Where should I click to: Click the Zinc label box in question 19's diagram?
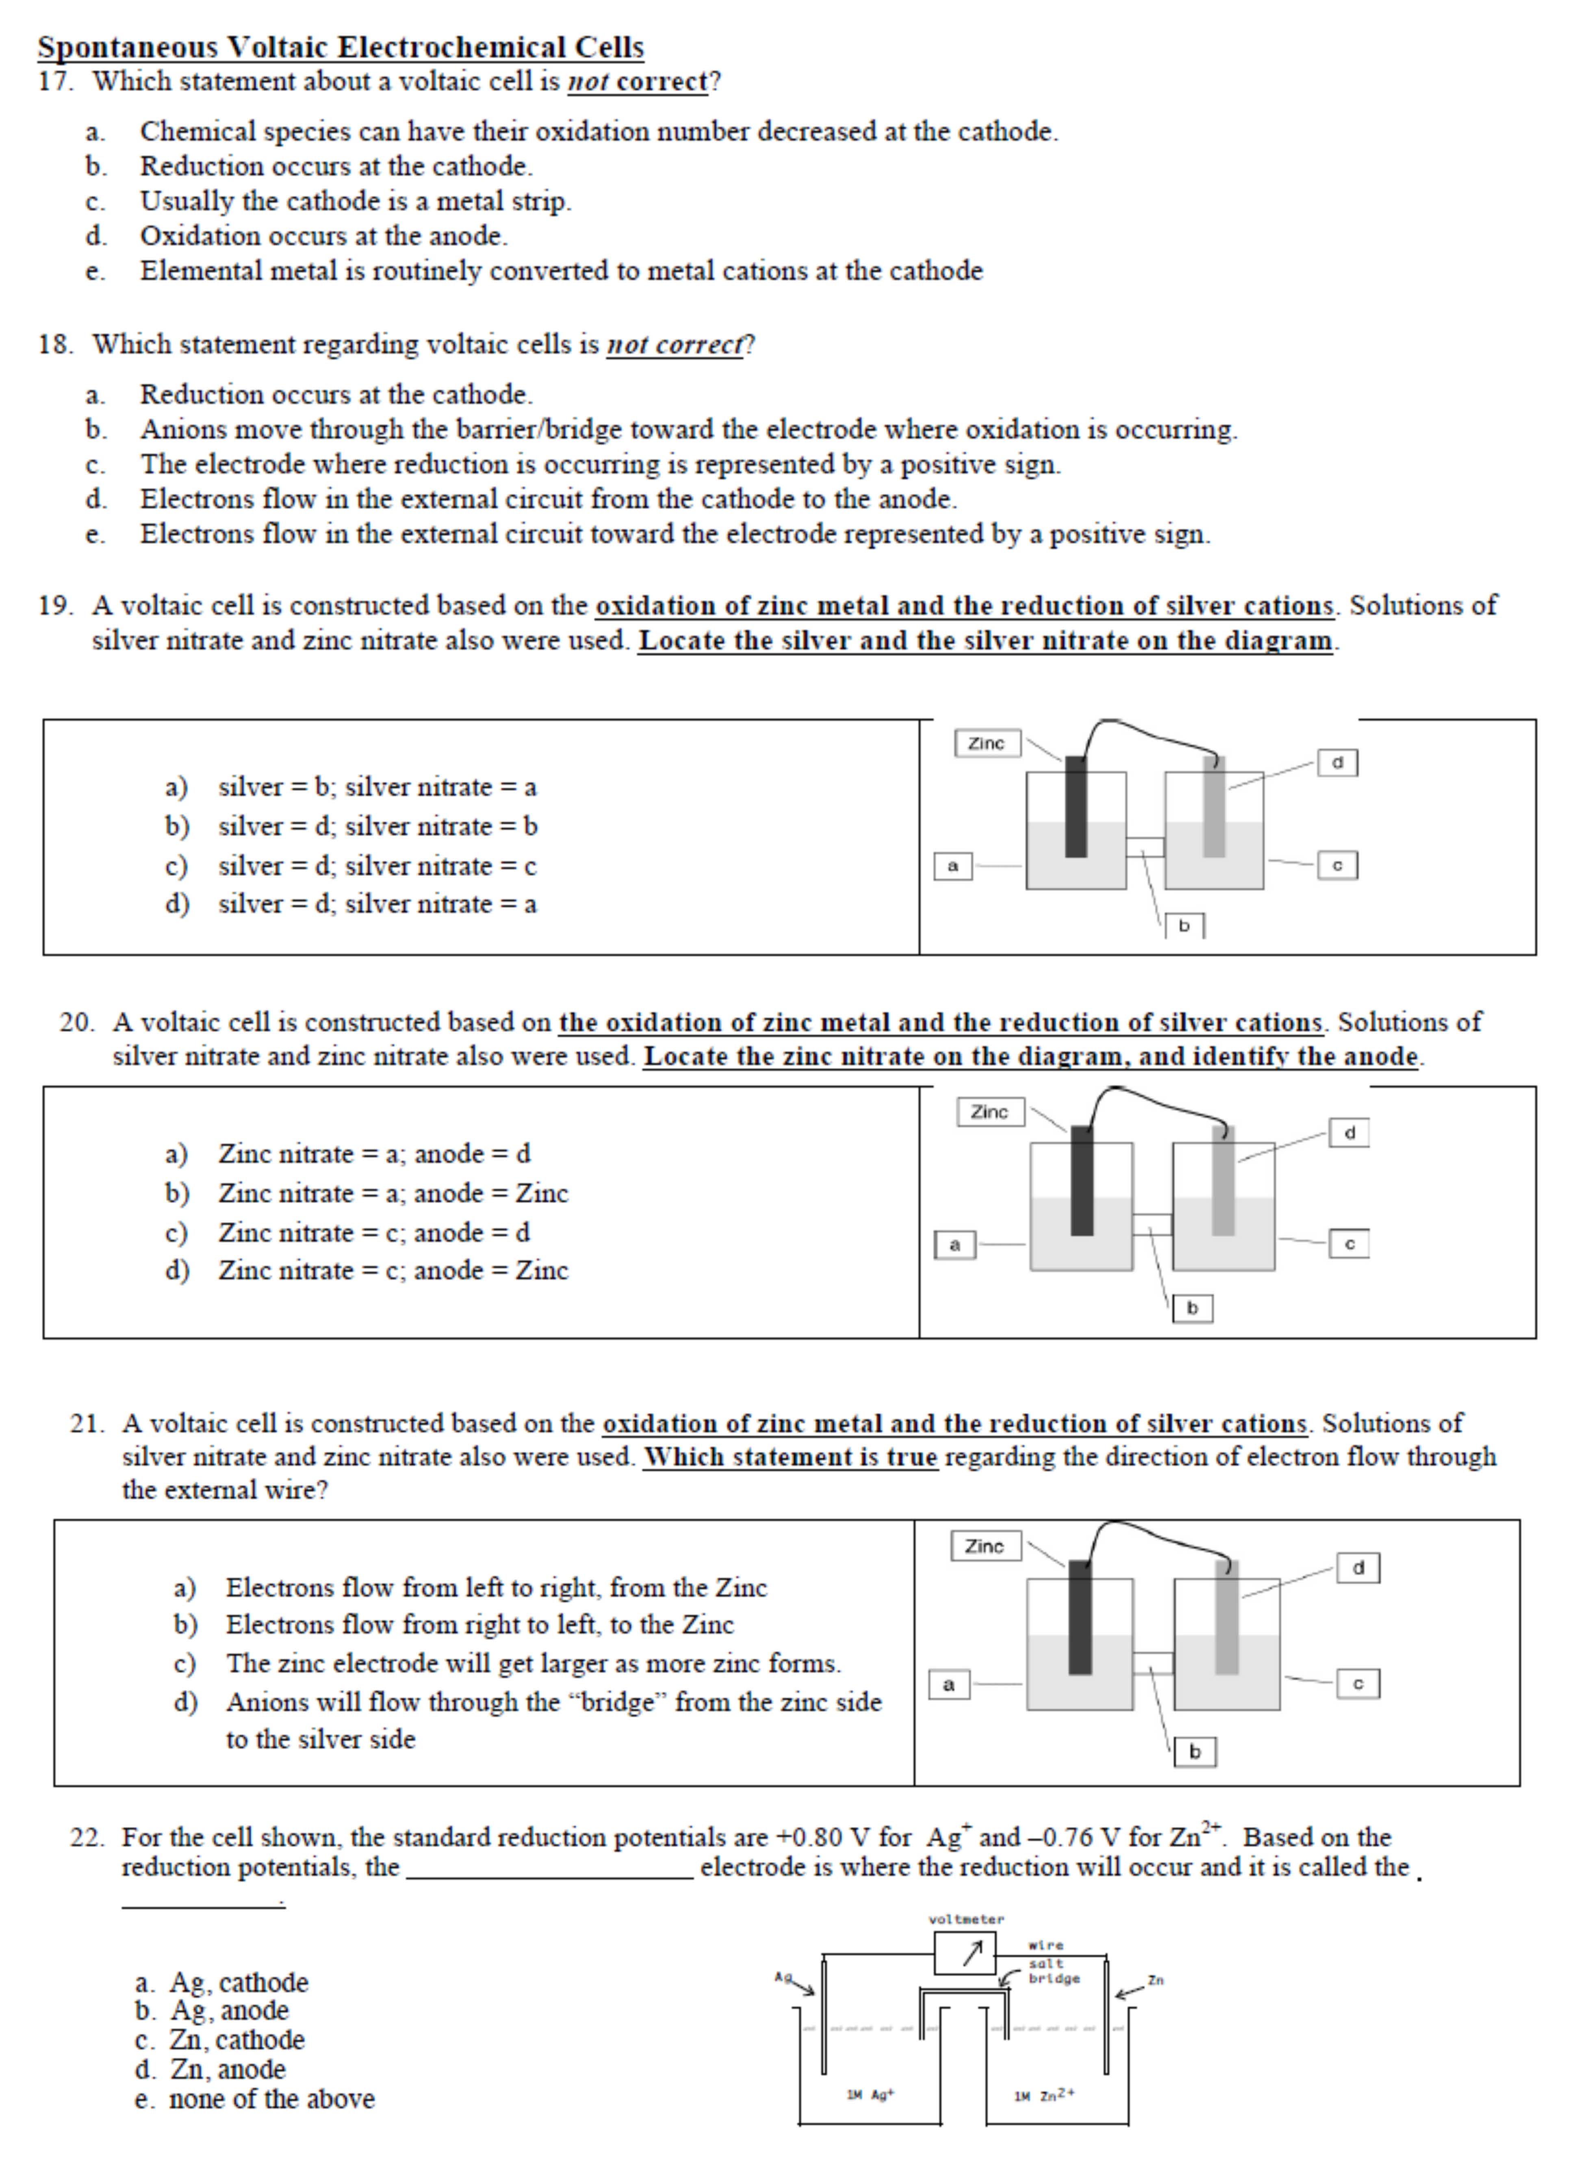987,743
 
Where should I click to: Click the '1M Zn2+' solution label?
1044,2094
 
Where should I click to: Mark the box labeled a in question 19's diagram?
953,866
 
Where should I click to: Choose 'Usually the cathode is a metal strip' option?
355,201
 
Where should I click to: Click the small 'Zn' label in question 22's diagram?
1156,1980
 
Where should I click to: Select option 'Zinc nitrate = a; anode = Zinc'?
393,1193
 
